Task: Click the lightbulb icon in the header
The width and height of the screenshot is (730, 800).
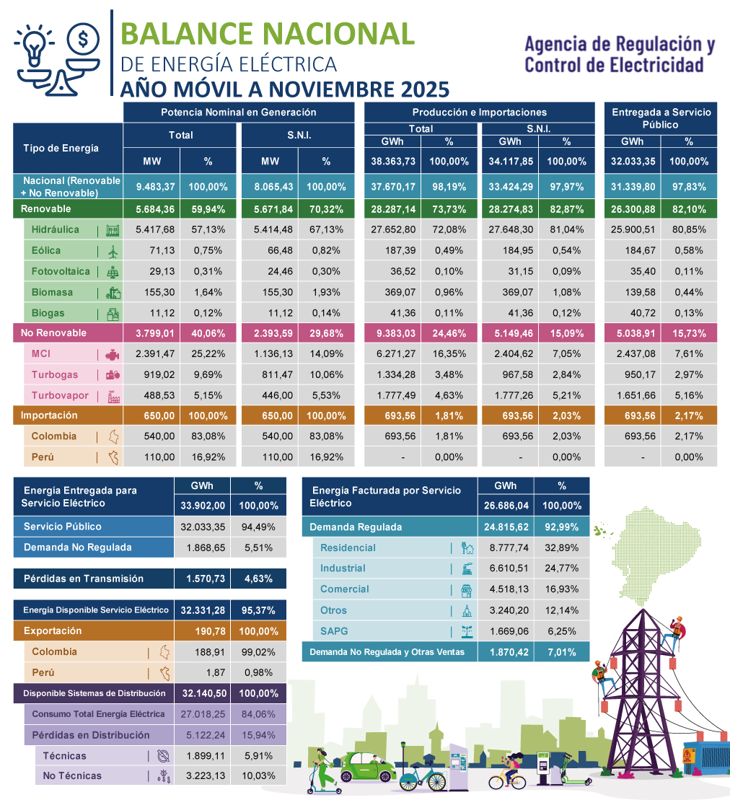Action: point(33,46)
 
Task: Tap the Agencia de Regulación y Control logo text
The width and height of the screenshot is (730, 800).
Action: point(619,55)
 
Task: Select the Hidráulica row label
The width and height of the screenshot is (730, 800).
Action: point(56,230)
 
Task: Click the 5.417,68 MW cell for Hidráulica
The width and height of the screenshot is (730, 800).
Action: point(150,230)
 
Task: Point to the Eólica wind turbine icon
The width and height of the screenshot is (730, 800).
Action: point(113,252)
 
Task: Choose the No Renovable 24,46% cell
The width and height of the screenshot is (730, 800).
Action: point(449,333)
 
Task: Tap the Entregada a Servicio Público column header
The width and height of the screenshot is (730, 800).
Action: point(661,118)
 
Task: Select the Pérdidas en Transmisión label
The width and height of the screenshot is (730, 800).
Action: point(84,579)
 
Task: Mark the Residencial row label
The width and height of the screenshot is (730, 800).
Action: point(348,548)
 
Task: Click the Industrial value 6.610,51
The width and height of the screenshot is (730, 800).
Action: point(506,568)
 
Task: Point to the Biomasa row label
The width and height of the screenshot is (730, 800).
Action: point(52,293)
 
